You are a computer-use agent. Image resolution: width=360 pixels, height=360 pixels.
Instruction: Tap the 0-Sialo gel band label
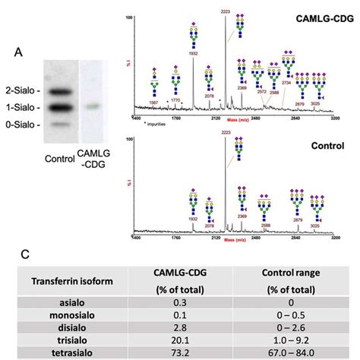[23, 122]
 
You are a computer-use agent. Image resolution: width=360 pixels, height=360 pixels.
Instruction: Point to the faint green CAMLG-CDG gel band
[91, 106]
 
